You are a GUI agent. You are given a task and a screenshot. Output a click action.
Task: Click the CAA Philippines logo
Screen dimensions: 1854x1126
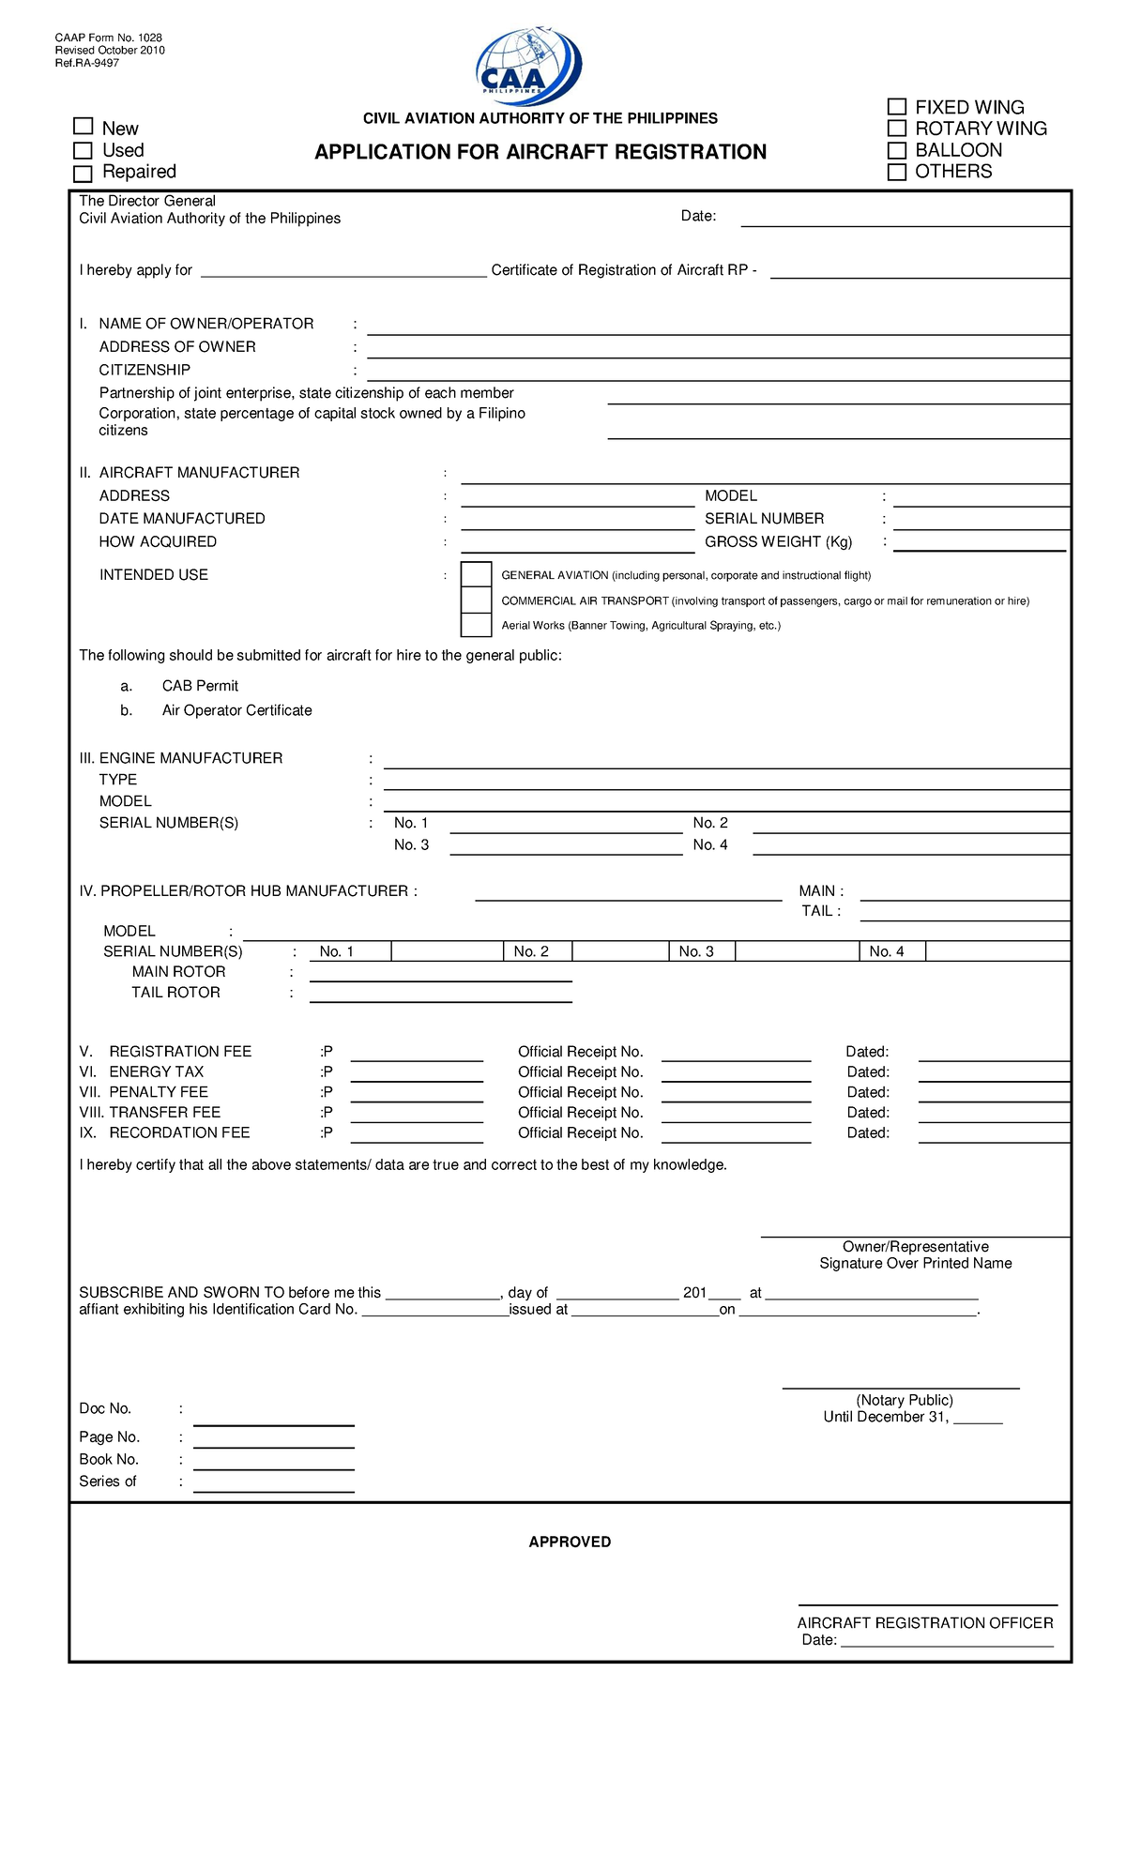pos(529,64)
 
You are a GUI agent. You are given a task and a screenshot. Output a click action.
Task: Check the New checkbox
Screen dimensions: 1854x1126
pos(84,127)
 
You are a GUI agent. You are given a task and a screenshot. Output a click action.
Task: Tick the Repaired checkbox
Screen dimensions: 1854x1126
pos(84,174)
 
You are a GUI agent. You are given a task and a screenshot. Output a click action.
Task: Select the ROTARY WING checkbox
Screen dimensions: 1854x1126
pos(897,129)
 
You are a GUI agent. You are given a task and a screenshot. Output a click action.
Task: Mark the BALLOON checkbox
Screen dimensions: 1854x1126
pos(897,150)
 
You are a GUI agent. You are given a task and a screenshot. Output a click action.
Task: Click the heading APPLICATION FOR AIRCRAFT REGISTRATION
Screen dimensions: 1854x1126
pos(540,152)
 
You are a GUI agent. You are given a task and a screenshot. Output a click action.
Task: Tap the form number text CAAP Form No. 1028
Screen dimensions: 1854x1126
pos(108,38)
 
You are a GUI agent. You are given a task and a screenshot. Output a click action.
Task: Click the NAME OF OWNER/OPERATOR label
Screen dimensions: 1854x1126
pos(205,324)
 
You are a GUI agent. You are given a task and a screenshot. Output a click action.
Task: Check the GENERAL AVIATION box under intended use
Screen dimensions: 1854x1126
pos(477,574)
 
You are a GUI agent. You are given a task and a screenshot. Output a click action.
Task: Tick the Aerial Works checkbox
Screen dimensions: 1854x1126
pos(477,625)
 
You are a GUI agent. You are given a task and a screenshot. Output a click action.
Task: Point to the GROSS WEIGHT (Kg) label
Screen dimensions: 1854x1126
pos(778,542)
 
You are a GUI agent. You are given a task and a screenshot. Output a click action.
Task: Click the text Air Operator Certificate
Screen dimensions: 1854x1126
pos(236,710)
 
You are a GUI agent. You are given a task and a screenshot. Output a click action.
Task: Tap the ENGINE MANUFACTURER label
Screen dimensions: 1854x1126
pos(190,758)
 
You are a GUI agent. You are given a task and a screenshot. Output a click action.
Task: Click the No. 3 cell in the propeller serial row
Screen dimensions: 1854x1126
pos(696,951)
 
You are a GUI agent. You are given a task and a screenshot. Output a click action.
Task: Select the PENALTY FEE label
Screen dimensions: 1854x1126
pos(159,1092)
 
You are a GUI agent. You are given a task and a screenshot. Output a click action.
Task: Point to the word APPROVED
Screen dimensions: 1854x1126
pos(570,1542)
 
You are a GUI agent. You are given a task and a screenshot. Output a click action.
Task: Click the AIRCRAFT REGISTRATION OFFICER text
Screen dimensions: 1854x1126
pos(925,1622)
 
